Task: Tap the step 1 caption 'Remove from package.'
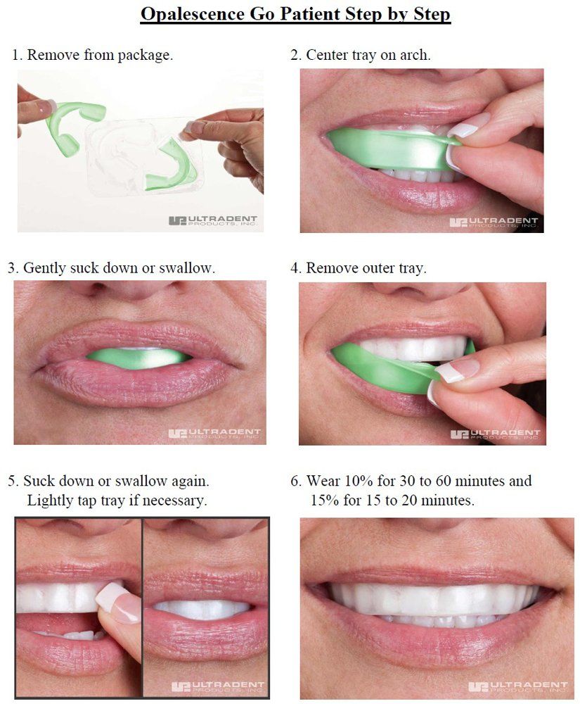(x=100, y=55)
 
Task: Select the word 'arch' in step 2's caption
(x=413, y=55)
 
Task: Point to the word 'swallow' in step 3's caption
(x=186, y=268)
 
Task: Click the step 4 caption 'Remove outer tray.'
(x=366, y=268)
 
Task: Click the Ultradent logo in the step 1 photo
(x=213, y=220)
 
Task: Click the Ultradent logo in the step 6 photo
(x=518, y=686)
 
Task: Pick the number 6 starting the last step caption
(x=295, y=481)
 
